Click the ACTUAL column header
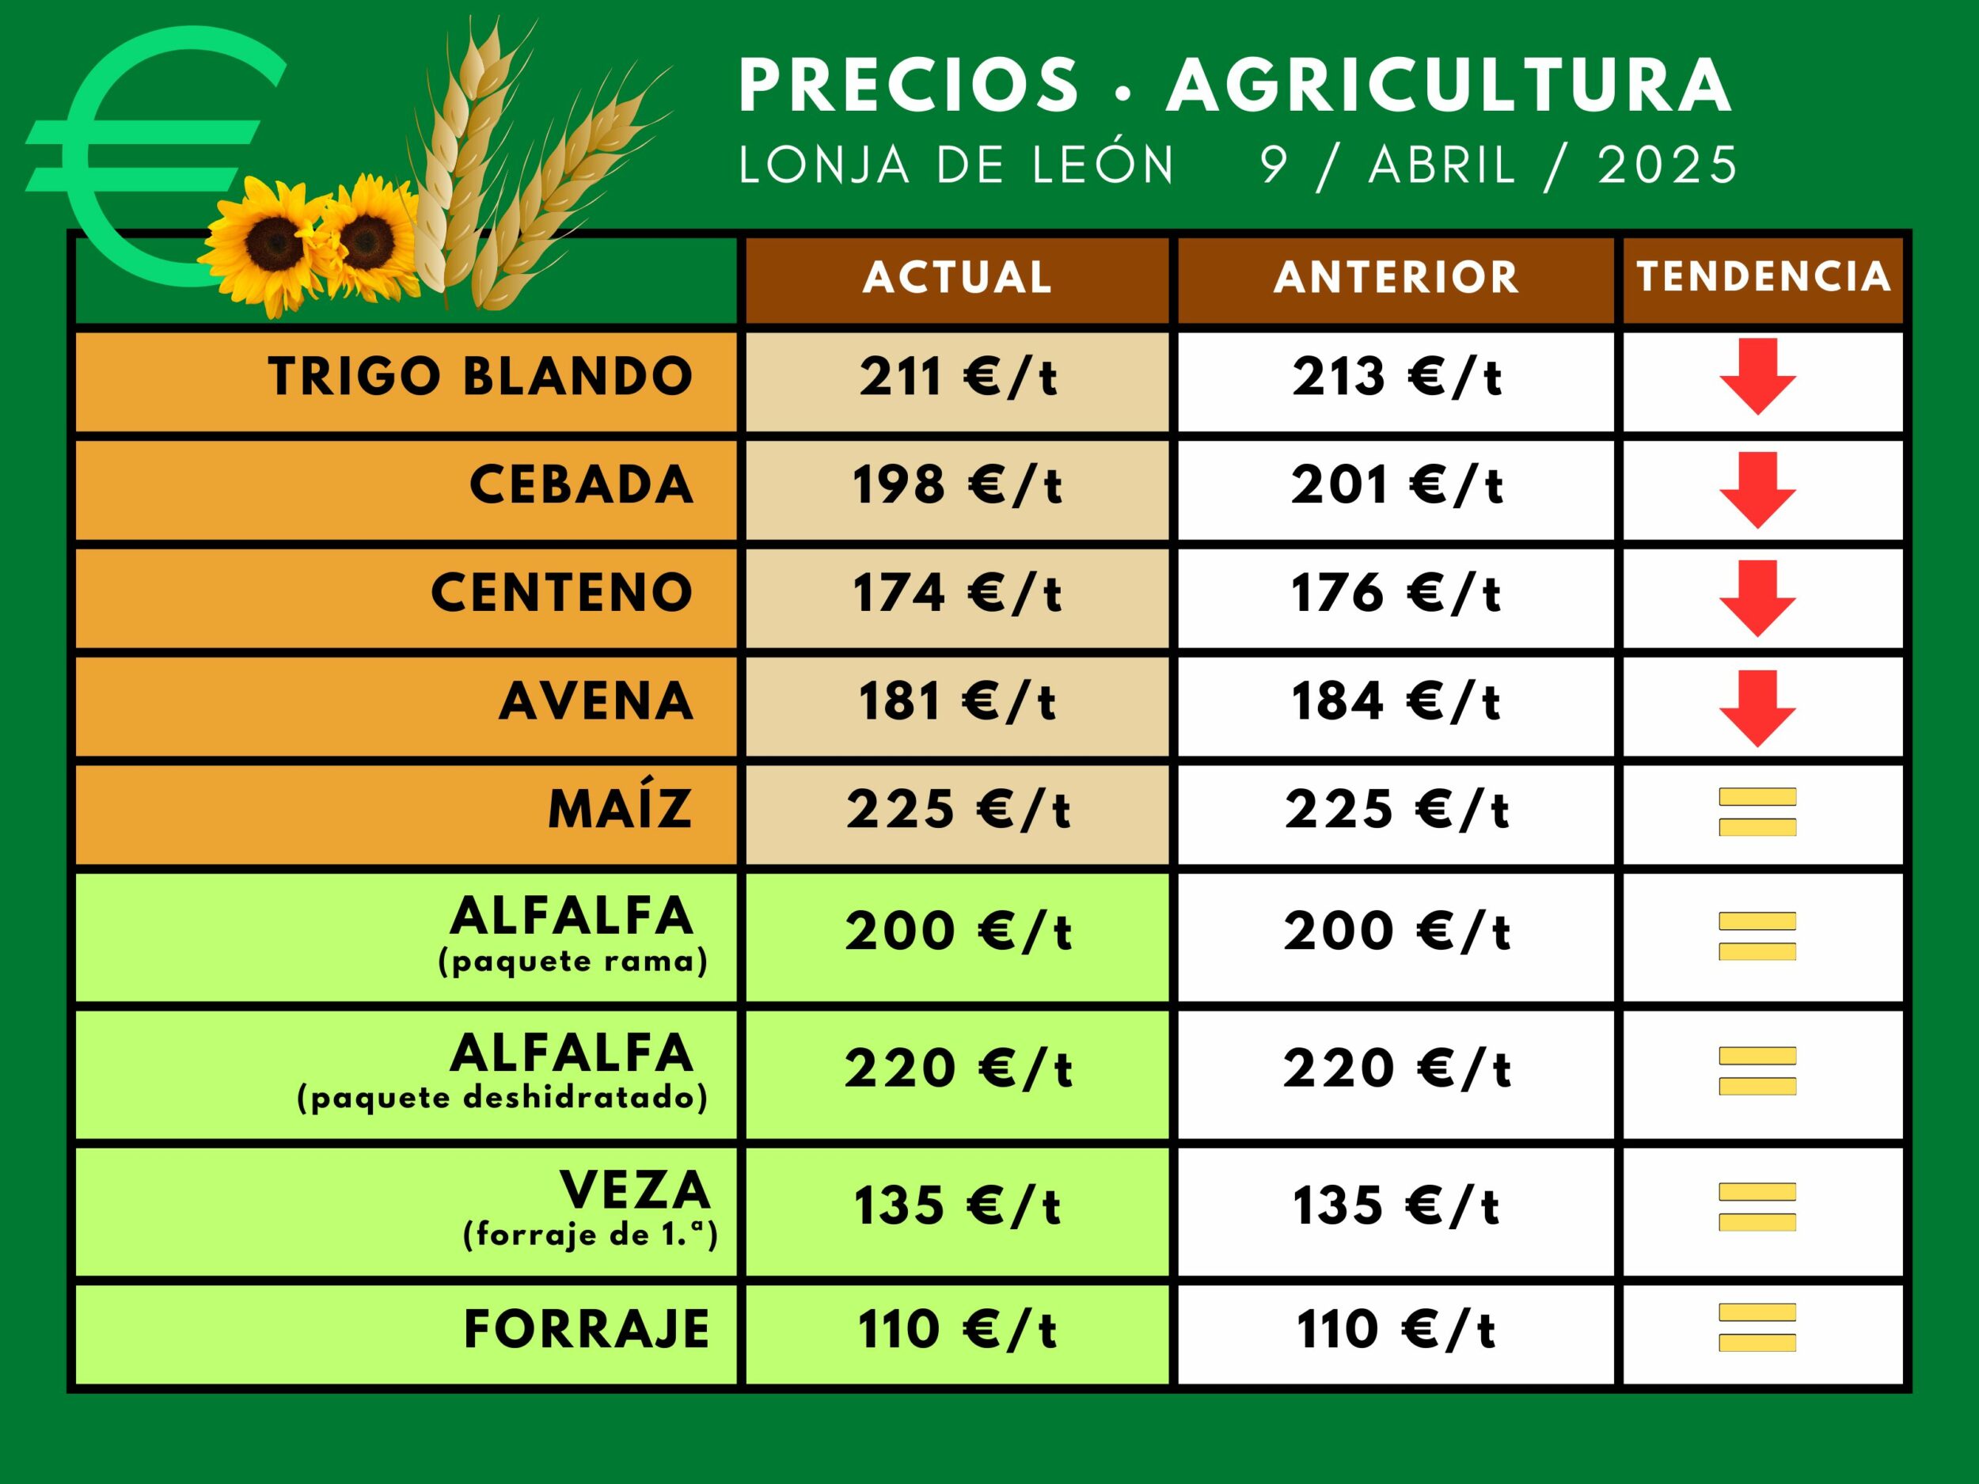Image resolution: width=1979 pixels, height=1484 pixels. pos(957,277)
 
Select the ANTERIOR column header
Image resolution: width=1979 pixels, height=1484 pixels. pos(1396,277)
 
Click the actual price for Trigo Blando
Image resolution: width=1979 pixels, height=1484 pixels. pos(957,377)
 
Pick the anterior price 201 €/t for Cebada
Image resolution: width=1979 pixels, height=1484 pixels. pos(1396,486)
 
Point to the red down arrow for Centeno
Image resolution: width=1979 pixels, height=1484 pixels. pos(1757,598)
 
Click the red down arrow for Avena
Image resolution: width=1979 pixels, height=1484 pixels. pos(1757,708)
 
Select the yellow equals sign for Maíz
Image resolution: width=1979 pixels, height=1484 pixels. pos(1757,811)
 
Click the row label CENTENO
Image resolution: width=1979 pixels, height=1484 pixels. pos(562,593)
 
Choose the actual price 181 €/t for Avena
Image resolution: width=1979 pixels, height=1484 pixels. pos(957,701)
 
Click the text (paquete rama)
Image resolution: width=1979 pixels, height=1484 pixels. pos(572,961)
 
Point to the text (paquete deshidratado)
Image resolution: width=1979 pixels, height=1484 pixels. pos(502,1097)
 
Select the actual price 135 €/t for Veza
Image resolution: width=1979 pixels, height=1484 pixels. pos(957,1206)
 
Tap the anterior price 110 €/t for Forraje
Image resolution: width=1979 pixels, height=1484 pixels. pos(1396,1329)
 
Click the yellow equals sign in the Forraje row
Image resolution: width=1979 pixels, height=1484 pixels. pos(1757,1327)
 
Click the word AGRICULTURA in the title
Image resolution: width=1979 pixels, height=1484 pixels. pos(1449,85)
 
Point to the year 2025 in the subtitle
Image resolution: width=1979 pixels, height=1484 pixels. pos(1668,165)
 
